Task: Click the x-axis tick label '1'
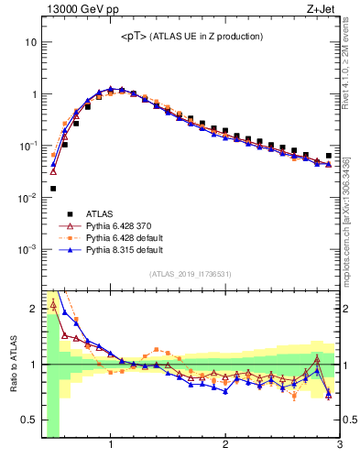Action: click(111, 446)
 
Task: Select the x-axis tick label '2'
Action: click(225, 446)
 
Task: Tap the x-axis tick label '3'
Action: click(339, 446)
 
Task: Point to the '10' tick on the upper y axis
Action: click(29, 43)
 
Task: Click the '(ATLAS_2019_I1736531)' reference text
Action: click(191, 274)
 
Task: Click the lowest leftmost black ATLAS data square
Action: click(53, 189)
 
